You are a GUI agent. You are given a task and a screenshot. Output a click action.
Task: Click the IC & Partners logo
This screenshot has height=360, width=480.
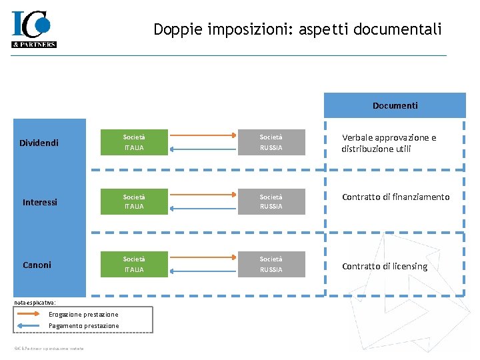pyautogui.click(x=33, y=29)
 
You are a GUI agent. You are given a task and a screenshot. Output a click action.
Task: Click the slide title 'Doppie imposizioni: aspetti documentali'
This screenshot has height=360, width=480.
pyautogui.click(x=297, y=29)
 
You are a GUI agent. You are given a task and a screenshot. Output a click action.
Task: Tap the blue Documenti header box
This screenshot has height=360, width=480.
pyautogui.click(x=395, y=105)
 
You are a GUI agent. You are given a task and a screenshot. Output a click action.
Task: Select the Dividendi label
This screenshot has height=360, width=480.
pyautogui.click(x=39, y=143)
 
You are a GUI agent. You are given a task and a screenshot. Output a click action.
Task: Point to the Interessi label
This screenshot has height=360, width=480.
pyautogui.click(x=40, y=202)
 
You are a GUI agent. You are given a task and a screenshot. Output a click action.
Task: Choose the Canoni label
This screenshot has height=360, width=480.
pyautogui.click(x=37, y=265)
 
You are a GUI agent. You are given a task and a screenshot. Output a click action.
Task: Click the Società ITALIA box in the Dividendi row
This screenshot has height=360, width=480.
pyautogui.click(x=133, y=142)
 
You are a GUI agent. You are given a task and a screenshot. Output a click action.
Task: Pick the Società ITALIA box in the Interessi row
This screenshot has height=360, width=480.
pyautogui.click(x=133, y=201)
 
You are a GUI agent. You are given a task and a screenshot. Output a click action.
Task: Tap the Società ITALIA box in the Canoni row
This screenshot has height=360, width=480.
pyautogui.click(x=133, y=264)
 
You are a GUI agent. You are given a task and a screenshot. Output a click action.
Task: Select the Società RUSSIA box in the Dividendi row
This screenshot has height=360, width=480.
pyautogui.click(x=271, y=142)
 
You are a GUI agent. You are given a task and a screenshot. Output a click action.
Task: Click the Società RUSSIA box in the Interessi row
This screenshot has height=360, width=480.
pyautogui.click(x=271, y=201)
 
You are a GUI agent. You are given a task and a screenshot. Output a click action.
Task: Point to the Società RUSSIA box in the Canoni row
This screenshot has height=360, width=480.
pyautogui.click(x=271, y=264)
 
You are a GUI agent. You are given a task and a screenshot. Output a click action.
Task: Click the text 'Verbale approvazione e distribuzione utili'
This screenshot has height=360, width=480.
pyautogui.click(x=389, y=143)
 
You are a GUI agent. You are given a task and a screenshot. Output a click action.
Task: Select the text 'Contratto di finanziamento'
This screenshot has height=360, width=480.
pyautogui.click(x=395, y=197)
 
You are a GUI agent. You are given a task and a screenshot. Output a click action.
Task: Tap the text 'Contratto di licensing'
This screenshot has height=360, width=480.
pyautogui.click(x=385, y=266)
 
